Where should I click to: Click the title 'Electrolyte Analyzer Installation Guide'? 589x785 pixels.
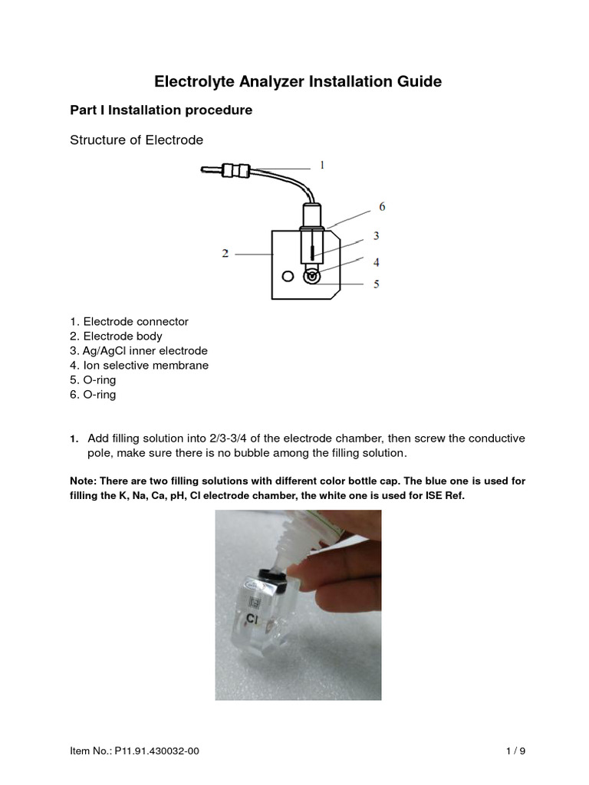pyautogui.click(x=298, y=80)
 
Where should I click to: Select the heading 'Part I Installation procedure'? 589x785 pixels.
pyautogui.click(x=161, y=110)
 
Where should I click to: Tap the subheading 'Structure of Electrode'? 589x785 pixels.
pyautogui.click(x=137, y=140)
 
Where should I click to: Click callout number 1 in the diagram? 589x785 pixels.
pyautogui.click(x=323, y=165)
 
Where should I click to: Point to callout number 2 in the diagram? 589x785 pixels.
pyautogui.click(x=225, y=253)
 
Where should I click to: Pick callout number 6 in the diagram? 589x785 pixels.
pyautogui.click(x=381, y=206)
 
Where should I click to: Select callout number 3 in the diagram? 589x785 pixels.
pyautogui.click(x=376, y=235)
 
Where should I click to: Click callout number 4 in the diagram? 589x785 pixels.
pyautogui.click(x=376, y=261)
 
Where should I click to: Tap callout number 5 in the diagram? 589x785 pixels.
pyautogui.click(x=376, y=284)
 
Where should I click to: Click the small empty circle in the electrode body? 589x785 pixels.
pyautogui.click(x=288, y=276)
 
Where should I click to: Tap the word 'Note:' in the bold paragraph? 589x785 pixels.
pyautogui.click(x=85, y=481)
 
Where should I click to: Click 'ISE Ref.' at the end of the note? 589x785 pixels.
pyautogui.click(x=444, y=495)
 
